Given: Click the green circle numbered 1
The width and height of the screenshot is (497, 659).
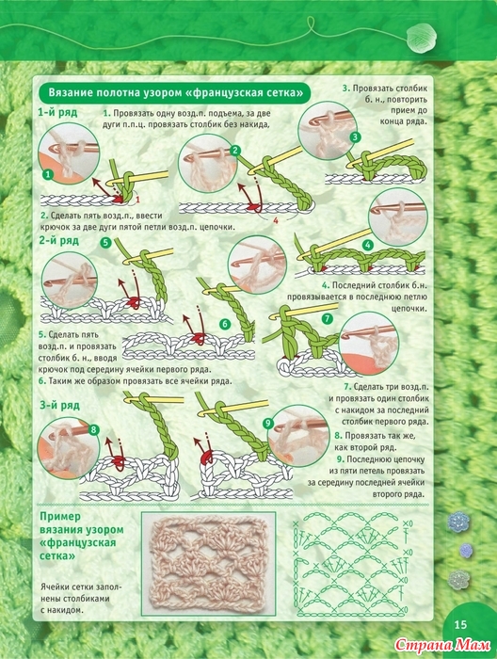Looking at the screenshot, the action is [x=49, y=174].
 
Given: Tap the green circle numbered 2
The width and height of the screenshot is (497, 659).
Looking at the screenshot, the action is [x=235, y=151].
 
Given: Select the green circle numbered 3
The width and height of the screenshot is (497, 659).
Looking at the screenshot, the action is [x=356, y=137].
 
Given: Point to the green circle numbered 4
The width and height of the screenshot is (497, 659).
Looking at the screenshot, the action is [x=368, y=245].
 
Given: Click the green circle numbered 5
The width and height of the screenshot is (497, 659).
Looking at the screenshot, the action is [x=105, y=243].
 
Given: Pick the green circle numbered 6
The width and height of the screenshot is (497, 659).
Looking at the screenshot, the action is [x=225, y=324].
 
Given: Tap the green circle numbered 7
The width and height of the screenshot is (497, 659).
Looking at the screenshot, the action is [x=328, y=319].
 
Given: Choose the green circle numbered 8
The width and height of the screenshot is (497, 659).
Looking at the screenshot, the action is [x=93, y=429].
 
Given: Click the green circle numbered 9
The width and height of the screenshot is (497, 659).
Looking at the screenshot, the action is [x=268, y=424].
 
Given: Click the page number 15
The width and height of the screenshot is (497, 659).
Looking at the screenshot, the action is [x=460, y=624].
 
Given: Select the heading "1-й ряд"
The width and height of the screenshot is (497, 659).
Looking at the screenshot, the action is [x=58, y=113].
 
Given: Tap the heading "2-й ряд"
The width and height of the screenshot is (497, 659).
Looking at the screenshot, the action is [x=59, y=241].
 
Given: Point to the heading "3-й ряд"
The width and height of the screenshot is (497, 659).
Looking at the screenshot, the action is [x=59, y=406].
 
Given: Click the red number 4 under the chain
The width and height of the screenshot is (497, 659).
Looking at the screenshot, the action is [x=276, y=219].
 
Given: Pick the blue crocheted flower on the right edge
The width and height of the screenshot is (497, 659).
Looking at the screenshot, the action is [x=466, y=550].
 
